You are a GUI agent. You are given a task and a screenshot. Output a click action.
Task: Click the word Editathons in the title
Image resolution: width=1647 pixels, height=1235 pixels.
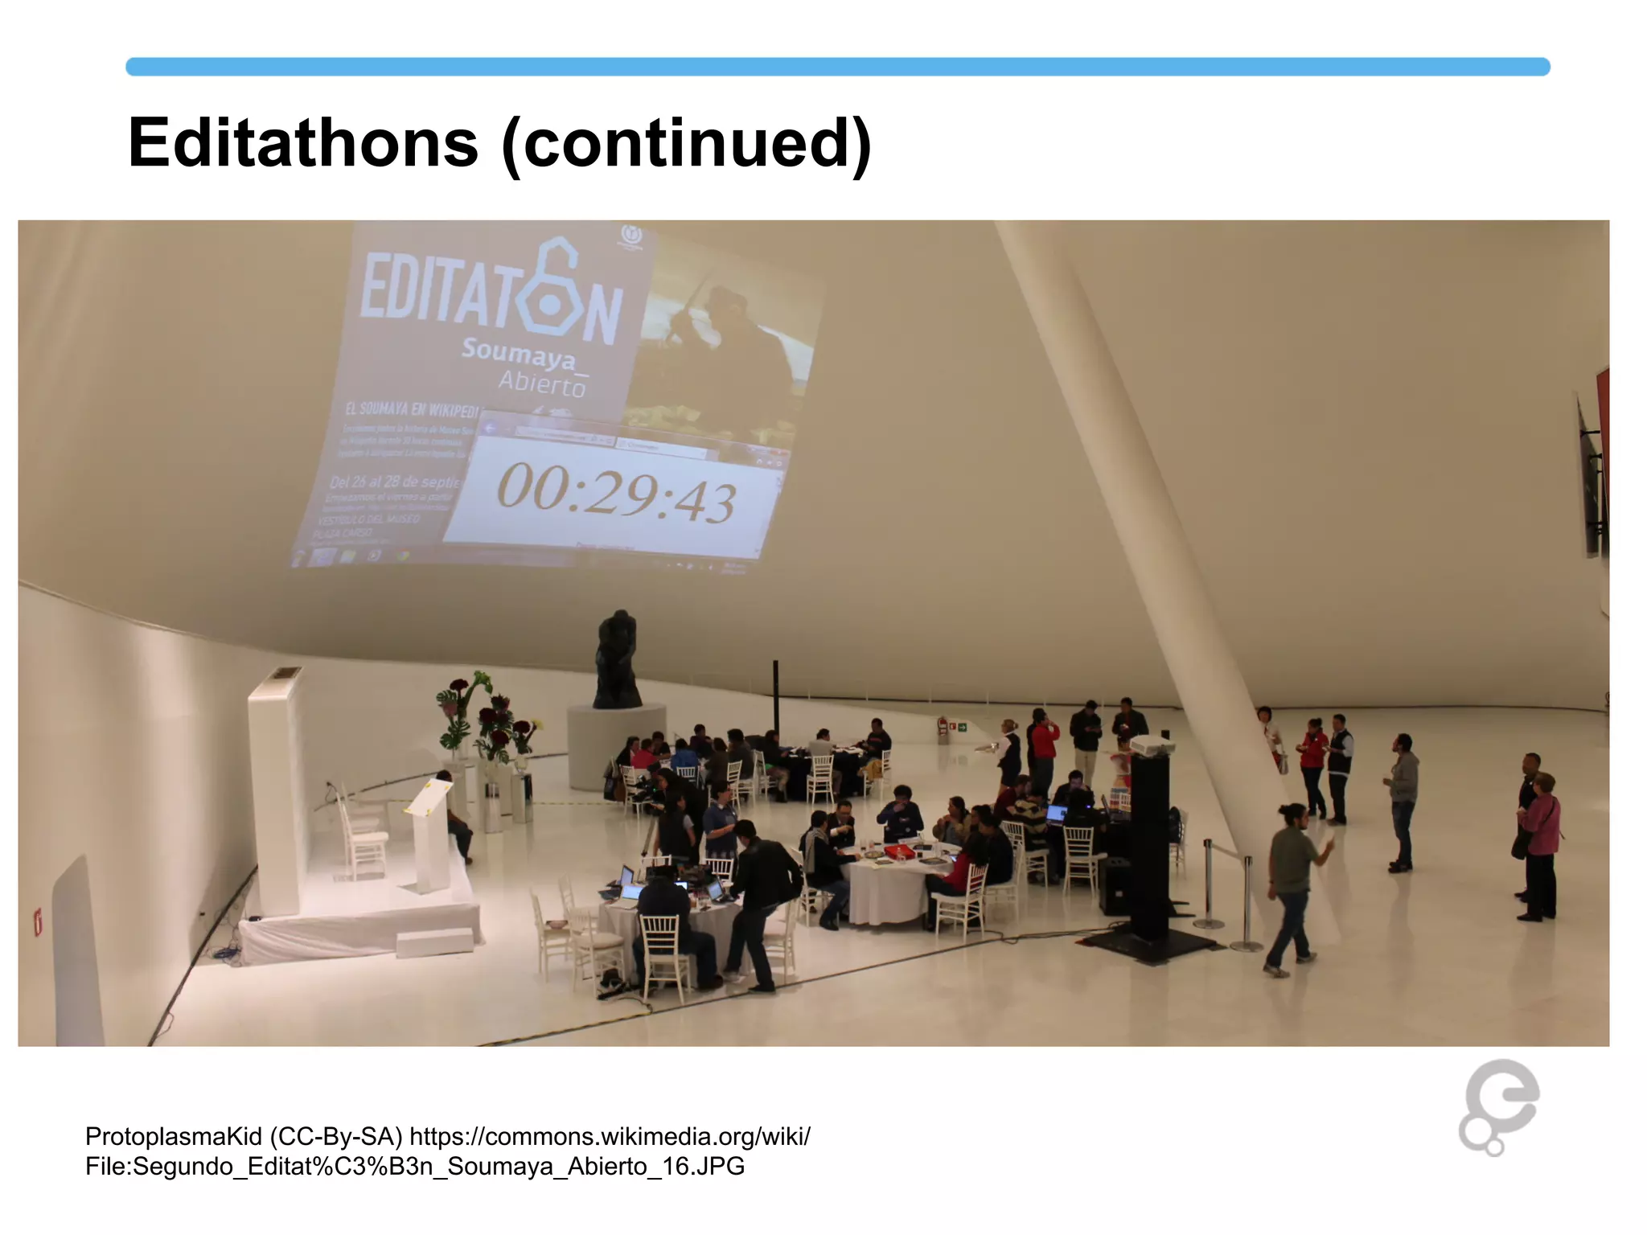303,143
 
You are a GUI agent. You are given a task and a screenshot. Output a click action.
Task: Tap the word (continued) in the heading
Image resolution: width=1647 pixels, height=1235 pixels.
686,143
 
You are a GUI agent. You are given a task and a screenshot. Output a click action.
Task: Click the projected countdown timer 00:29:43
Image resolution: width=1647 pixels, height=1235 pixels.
615,492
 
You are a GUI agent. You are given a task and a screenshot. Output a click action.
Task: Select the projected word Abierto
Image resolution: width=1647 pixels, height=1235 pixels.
542,384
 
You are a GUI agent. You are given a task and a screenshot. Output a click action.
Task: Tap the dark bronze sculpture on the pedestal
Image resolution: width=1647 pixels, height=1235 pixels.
617,659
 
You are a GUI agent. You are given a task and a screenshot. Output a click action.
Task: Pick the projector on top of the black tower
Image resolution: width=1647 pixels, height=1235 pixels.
1152,746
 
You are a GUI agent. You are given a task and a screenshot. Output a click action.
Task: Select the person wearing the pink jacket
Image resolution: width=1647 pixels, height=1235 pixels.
1541,844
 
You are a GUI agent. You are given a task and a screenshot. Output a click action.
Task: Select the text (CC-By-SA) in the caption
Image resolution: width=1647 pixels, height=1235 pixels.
336,1136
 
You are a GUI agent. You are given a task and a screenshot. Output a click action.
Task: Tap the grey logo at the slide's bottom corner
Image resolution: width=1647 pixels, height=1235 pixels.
1497,1107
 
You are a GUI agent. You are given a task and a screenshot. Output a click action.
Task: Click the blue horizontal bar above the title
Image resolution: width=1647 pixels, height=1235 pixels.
837,67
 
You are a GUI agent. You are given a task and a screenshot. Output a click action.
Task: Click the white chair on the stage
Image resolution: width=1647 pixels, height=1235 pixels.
362,836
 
